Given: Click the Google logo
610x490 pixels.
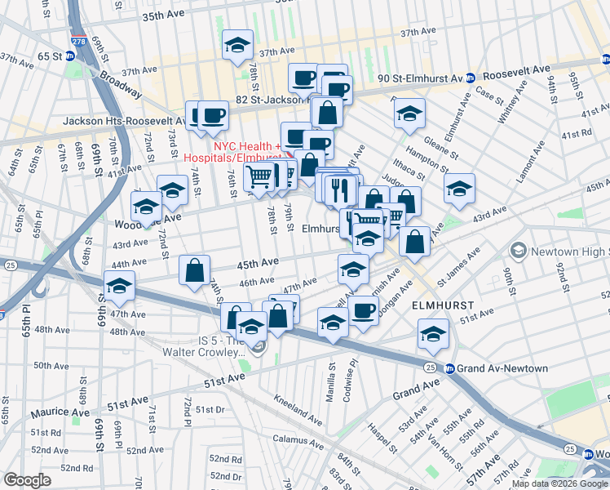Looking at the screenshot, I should click(x=27, y=480).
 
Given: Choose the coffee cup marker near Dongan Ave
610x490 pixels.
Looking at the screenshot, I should click(x=363, y=310).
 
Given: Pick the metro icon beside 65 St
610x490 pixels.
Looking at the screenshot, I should click(x=70, y=56).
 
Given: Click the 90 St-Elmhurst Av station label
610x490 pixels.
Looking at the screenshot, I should click(x=416, y=78).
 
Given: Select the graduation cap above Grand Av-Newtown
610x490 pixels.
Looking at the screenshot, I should click(x=432, y=332).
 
